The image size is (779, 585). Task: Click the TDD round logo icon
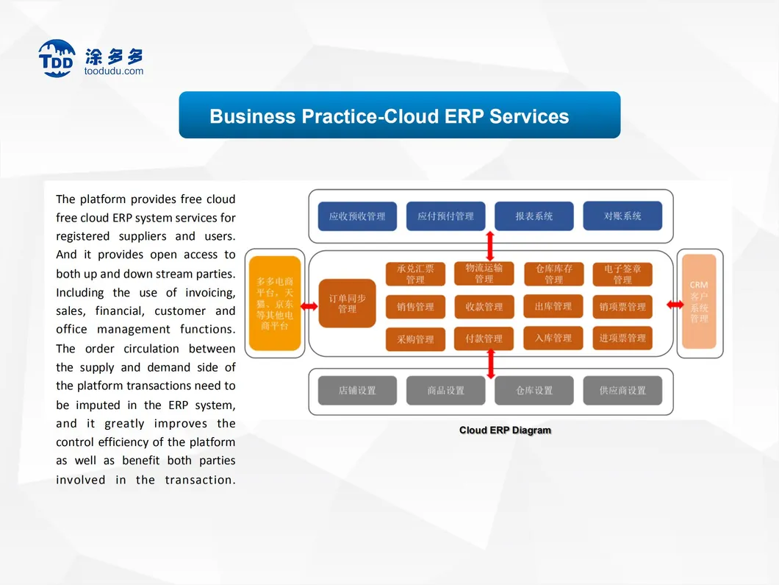(x=57, y=59)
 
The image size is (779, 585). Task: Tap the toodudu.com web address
(x=115, y=71)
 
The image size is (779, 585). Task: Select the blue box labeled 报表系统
(x=534, y=216)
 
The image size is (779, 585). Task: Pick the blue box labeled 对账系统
(x=622, y=216)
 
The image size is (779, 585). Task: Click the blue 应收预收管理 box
(x=357, y=216)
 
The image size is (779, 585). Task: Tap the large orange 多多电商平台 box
(x=275, y=303)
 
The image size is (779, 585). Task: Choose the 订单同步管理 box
(x=348, y=303)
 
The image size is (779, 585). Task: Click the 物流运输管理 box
(x=484, y=273)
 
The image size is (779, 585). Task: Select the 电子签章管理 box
(x=622, y=274)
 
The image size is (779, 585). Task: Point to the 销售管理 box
(x=415, y=307)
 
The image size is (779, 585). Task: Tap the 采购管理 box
(x=415, y=339)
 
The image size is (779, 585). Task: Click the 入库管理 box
(x=553, y=338)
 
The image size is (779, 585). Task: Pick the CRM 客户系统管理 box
(x=699, y=302)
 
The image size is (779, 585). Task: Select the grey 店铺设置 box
(x=357, y=391)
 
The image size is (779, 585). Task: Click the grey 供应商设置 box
(x=622, y=391)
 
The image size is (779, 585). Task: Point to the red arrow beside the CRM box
(x=674, y=304)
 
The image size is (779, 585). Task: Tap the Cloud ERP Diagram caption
(x=505, y=430)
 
